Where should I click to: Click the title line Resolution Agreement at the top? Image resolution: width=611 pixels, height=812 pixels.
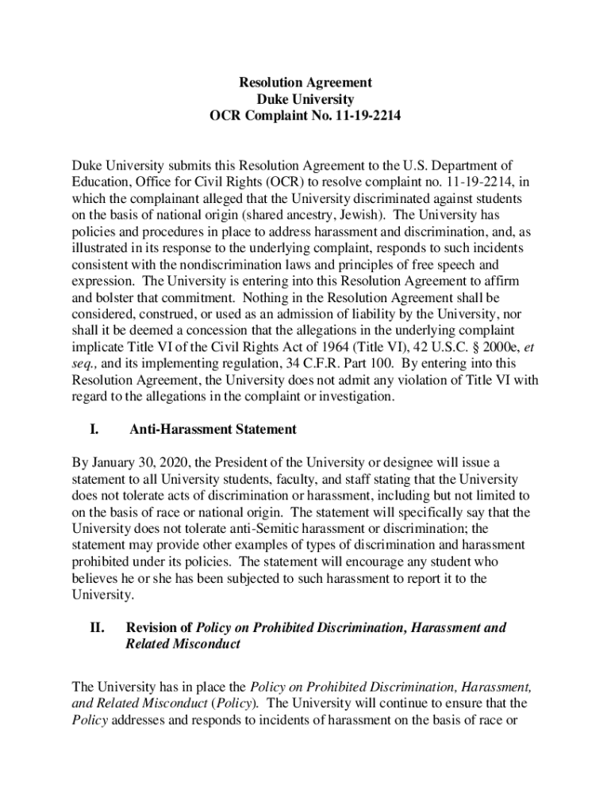coord(305,82)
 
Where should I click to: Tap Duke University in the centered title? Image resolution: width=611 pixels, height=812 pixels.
coord(305,99)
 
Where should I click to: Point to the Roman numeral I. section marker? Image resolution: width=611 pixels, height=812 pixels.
coord(94,430)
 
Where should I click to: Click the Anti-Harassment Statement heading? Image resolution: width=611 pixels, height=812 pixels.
coord(213,430)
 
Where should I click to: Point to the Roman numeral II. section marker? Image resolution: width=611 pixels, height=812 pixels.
coord(98,628)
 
